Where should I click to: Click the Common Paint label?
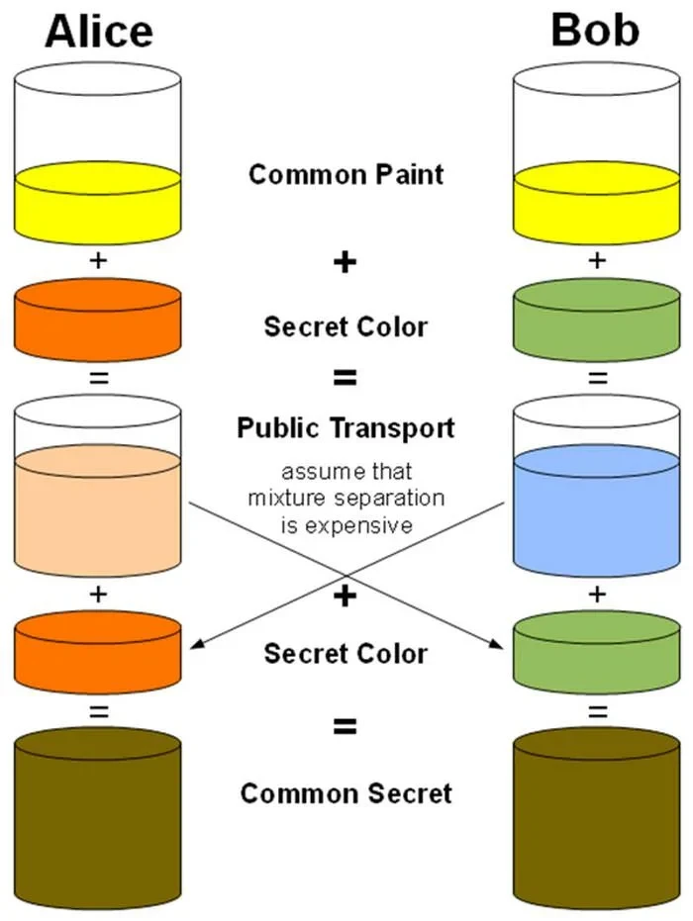pyautogui.click(x=346, y=175)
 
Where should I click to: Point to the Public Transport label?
pyautogui.click(x=346, y=428)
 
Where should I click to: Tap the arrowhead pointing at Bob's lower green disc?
pyautogui.click(x=499, y=646)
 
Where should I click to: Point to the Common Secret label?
pyautogui.click(x=346, y=793)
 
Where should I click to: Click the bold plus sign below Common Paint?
pyautogui.click(x=345, y=263)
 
